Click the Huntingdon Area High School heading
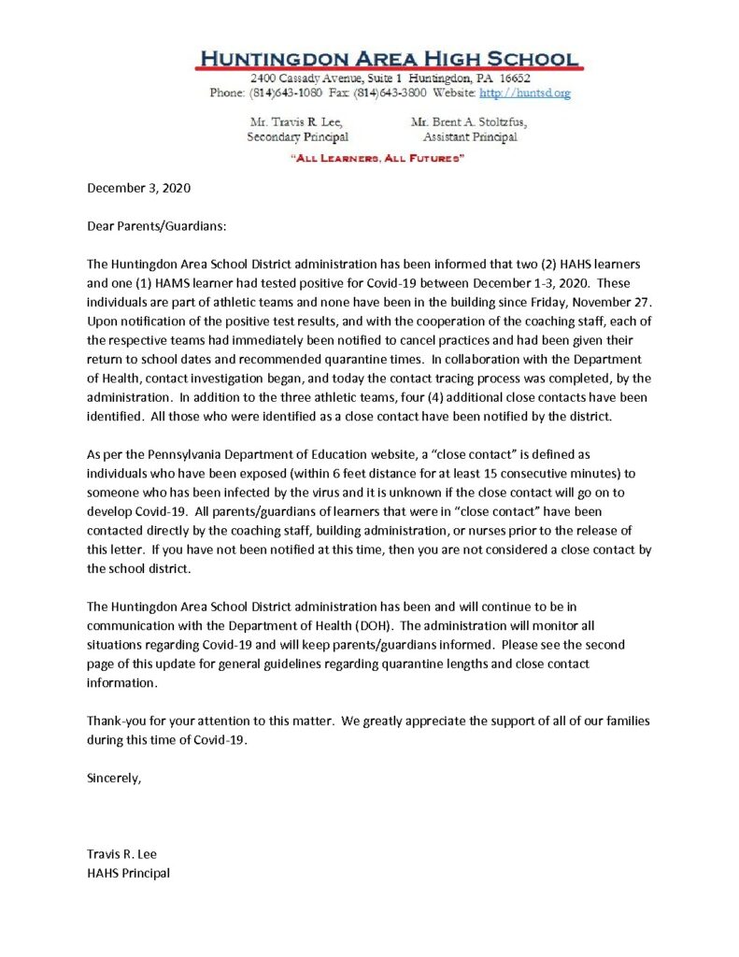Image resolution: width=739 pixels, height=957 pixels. [388, 58]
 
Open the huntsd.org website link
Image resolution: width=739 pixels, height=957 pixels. [524, 93]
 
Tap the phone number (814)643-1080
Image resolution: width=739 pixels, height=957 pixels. [281, 93]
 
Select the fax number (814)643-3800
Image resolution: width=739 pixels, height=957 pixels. [403, 93]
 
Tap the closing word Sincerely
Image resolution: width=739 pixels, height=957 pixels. [114, 777]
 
